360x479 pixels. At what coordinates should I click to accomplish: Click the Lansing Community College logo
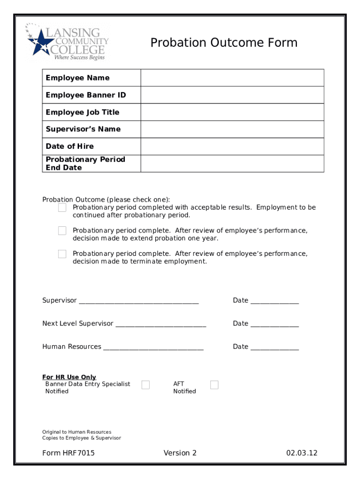[67, 42]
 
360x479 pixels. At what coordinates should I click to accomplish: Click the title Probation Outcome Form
[223, 43]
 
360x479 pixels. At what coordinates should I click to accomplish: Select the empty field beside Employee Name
[232, 78]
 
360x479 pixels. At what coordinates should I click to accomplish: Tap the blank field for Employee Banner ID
[232, 95]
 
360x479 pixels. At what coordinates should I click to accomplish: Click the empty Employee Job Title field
[232, 112]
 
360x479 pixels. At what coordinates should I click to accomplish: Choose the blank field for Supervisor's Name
[232, 129]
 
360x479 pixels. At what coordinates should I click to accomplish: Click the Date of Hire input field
[232, 146]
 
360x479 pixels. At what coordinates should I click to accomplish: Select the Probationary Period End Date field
[232, 163]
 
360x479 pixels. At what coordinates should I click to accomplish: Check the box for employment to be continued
[62, 208]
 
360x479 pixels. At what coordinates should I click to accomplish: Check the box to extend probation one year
[62, 231]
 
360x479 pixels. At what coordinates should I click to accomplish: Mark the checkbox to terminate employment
[62, 254]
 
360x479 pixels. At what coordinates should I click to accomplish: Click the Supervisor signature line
[139, 301]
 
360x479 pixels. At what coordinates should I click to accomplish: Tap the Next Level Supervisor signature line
[160, 324]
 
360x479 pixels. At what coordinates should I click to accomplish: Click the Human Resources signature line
[153, 348]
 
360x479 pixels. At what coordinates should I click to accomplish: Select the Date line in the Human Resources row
[274, 348]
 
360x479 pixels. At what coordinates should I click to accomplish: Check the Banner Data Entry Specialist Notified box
[145, 385]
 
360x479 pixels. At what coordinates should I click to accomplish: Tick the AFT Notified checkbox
[214, 385]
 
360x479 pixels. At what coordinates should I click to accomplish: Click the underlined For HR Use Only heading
[69, 377]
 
